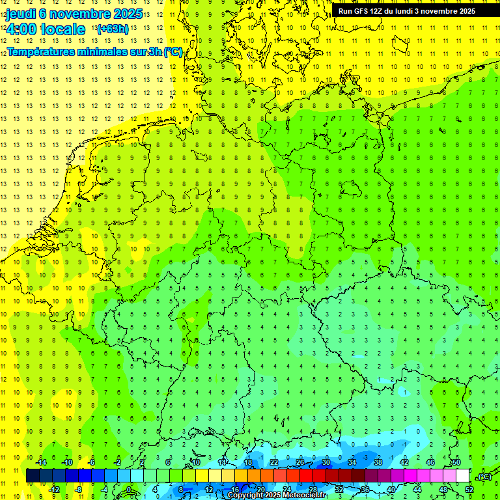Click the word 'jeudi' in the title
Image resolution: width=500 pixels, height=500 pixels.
click(20, 13)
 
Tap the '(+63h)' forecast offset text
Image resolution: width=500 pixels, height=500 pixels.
click(112, 29)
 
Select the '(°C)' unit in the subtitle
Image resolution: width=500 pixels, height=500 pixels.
click(173, 51)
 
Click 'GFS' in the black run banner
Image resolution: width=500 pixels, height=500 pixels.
click(363, 10)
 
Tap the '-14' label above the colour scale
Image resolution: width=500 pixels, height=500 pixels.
click(42, 462)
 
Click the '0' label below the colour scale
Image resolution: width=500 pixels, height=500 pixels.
click(128, 490)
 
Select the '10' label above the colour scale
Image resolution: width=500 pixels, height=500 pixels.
click(196, 462)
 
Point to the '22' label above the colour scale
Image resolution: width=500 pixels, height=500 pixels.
click(274, 462)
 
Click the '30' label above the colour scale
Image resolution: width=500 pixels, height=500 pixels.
click(326, 462)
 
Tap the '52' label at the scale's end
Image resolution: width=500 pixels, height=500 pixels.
click(469, 490)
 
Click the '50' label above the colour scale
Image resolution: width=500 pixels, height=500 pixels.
click(456, 462)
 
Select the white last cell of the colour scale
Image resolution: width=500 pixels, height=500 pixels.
click(463, 475)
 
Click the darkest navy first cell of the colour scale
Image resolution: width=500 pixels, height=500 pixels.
click(33, 475)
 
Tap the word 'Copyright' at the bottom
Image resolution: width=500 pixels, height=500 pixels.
click(244, 495)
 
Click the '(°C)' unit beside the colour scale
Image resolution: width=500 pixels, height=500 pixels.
click(484, 476)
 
